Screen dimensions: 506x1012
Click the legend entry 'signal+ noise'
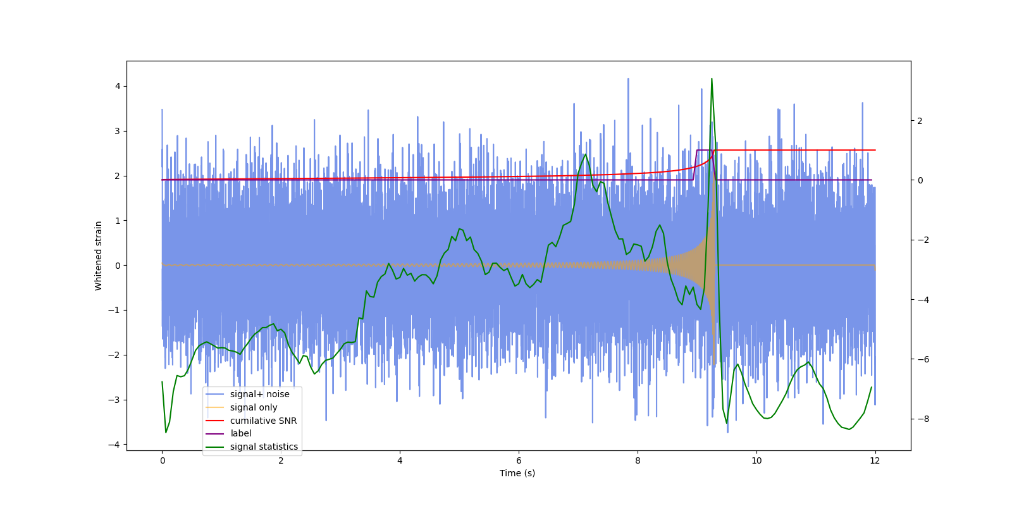[259, 394]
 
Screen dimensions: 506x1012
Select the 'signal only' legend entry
[254, 407]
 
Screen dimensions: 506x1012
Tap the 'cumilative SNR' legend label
[263, 421]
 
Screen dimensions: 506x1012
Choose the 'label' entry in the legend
[240, 433]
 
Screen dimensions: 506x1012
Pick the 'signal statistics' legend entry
[264, 447]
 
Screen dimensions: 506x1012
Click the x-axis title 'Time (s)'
[517, 473]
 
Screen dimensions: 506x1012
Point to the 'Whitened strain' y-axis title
[99, 256]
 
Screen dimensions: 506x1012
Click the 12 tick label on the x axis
[875, 460]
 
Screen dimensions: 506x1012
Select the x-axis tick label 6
[519, 460]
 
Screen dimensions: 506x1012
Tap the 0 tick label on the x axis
[162, 460]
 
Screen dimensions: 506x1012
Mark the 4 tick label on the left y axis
[118, 86]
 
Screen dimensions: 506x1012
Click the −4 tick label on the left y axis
[115, 445]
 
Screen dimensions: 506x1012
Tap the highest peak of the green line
[712, 79]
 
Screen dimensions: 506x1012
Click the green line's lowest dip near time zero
[166, 432]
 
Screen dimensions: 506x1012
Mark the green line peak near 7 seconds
[585, 154]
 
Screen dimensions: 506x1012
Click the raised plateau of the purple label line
[705, 150]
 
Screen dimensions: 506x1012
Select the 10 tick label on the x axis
[756, 460]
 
